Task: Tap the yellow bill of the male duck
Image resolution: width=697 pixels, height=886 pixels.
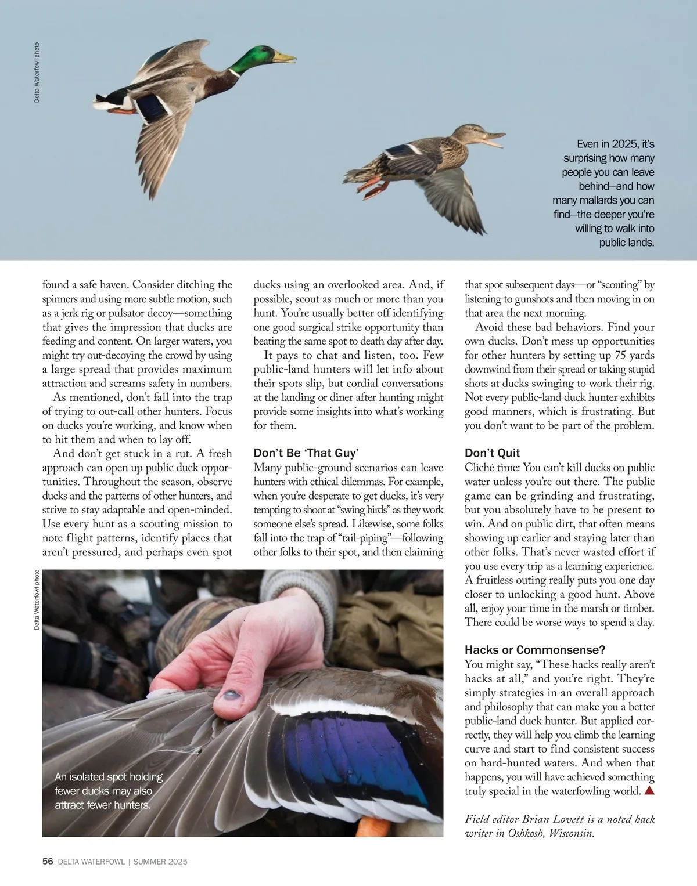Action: coord(285,57)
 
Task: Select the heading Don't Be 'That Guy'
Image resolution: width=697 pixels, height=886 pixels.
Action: coord(306,453)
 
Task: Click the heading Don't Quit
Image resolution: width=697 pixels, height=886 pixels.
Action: coord(492,453)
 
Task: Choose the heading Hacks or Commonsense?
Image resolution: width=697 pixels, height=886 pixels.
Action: coord(535,650)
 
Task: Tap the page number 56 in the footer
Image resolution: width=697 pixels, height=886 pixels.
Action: coord(48,862)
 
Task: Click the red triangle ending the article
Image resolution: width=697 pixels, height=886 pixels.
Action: coord(649,791)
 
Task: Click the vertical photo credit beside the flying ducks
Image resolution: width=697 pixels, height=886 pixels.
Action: coord(37,73)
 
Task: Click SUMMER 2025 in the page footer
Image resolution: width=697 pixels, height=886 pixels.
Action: coord(160,862)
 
